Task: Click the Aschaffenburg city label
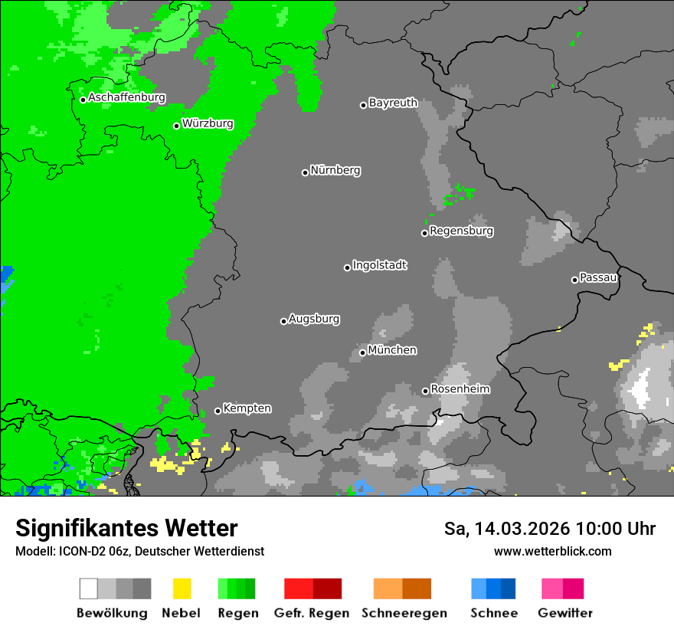point(126,98)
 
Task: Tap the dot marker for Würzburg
point(176,126)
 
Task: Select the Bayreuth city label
point(393,103)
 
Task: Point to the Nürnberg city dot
point(305,172)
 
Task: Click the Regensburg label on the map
point(461,231)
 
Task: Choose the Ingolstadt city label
point(380,266)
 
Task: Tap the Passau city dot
point(574,280)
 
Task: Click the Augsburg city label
point(314,319)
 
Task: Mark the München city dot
point(362,352)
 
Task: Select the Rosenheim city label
point(460,389)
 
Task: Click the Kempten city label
point(247,408)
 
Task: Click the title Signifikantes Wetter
point(126,529)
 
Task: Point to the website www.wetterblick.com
point(552,551)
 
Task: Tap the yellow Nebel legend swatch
point(182,588)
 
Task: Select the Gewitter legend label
point(564,613)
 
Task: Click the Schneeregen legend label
point(403,613)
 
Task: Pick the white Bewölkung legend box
point(89,588)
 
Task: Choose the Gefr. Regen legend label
point(311,613)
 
